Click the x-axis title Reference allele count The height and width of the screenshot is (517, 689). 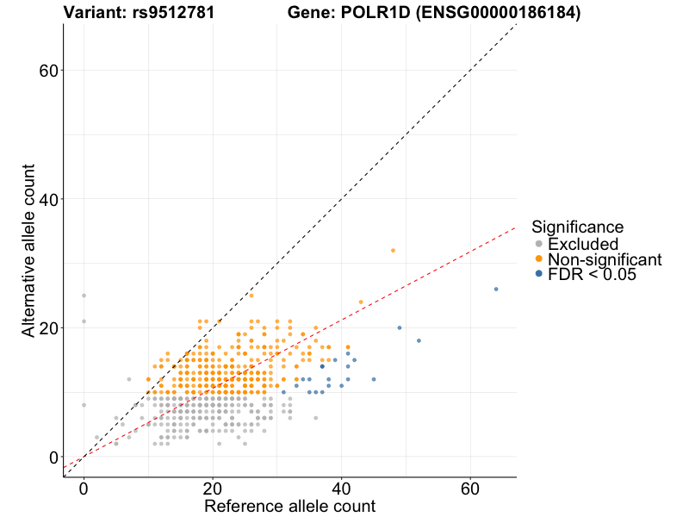[x=289, y=506]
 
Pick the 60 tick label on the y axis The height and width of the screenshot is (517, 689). [x=48, y=70]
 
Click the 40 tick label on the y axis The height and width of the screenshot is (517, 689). [x=48, y=199]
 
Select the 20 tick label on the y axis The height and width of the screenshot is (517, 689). [x=48, y=328]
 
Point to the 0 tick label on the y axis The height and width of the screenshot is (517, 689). [x=53, y=457]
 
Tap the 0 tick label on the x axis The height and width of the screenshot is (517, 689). [x=84, y=487]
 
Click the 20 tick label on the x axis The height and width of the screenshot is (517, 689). [x=213, y=487]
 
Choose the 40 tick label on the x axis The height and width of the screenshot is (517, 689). [x=342, y=487]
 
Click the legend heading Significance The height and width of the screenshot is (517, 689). [x=577, y=227]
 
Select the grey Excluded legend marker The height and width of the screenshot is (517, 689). [x=539, y=244]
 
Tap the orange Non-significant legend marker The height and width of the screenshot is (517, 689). [x=539, y=258]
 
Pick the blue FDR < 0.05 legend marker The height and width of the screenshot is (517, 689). [x=539, y=273]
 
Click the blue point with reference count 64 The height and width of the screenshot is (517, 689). [x=496, y=289]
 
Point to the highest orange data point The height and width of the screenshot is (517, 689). [x=394, y=250]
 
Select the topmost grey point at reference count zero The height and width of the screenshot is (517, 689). [x=84, y=296]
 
